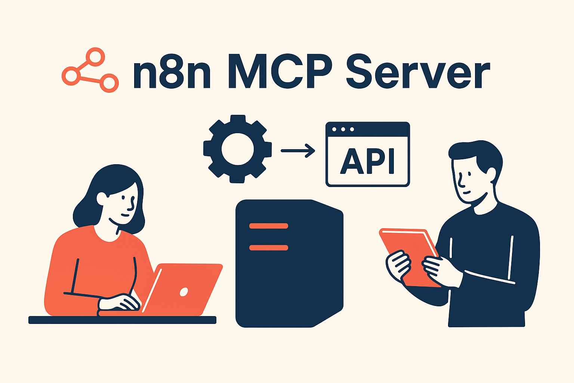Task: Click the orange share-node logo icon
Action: pos(90,70)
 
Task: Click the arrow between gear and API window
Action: pos(298,151)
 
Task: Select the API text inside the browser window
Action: pos(368,161)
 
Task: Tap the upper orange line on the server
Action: pos(268,226)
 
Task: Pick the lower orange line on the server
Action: pos(268,248)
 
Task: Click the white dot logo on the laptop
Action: pos(184,292)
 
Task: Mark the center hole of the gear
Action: pos(237,150)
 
